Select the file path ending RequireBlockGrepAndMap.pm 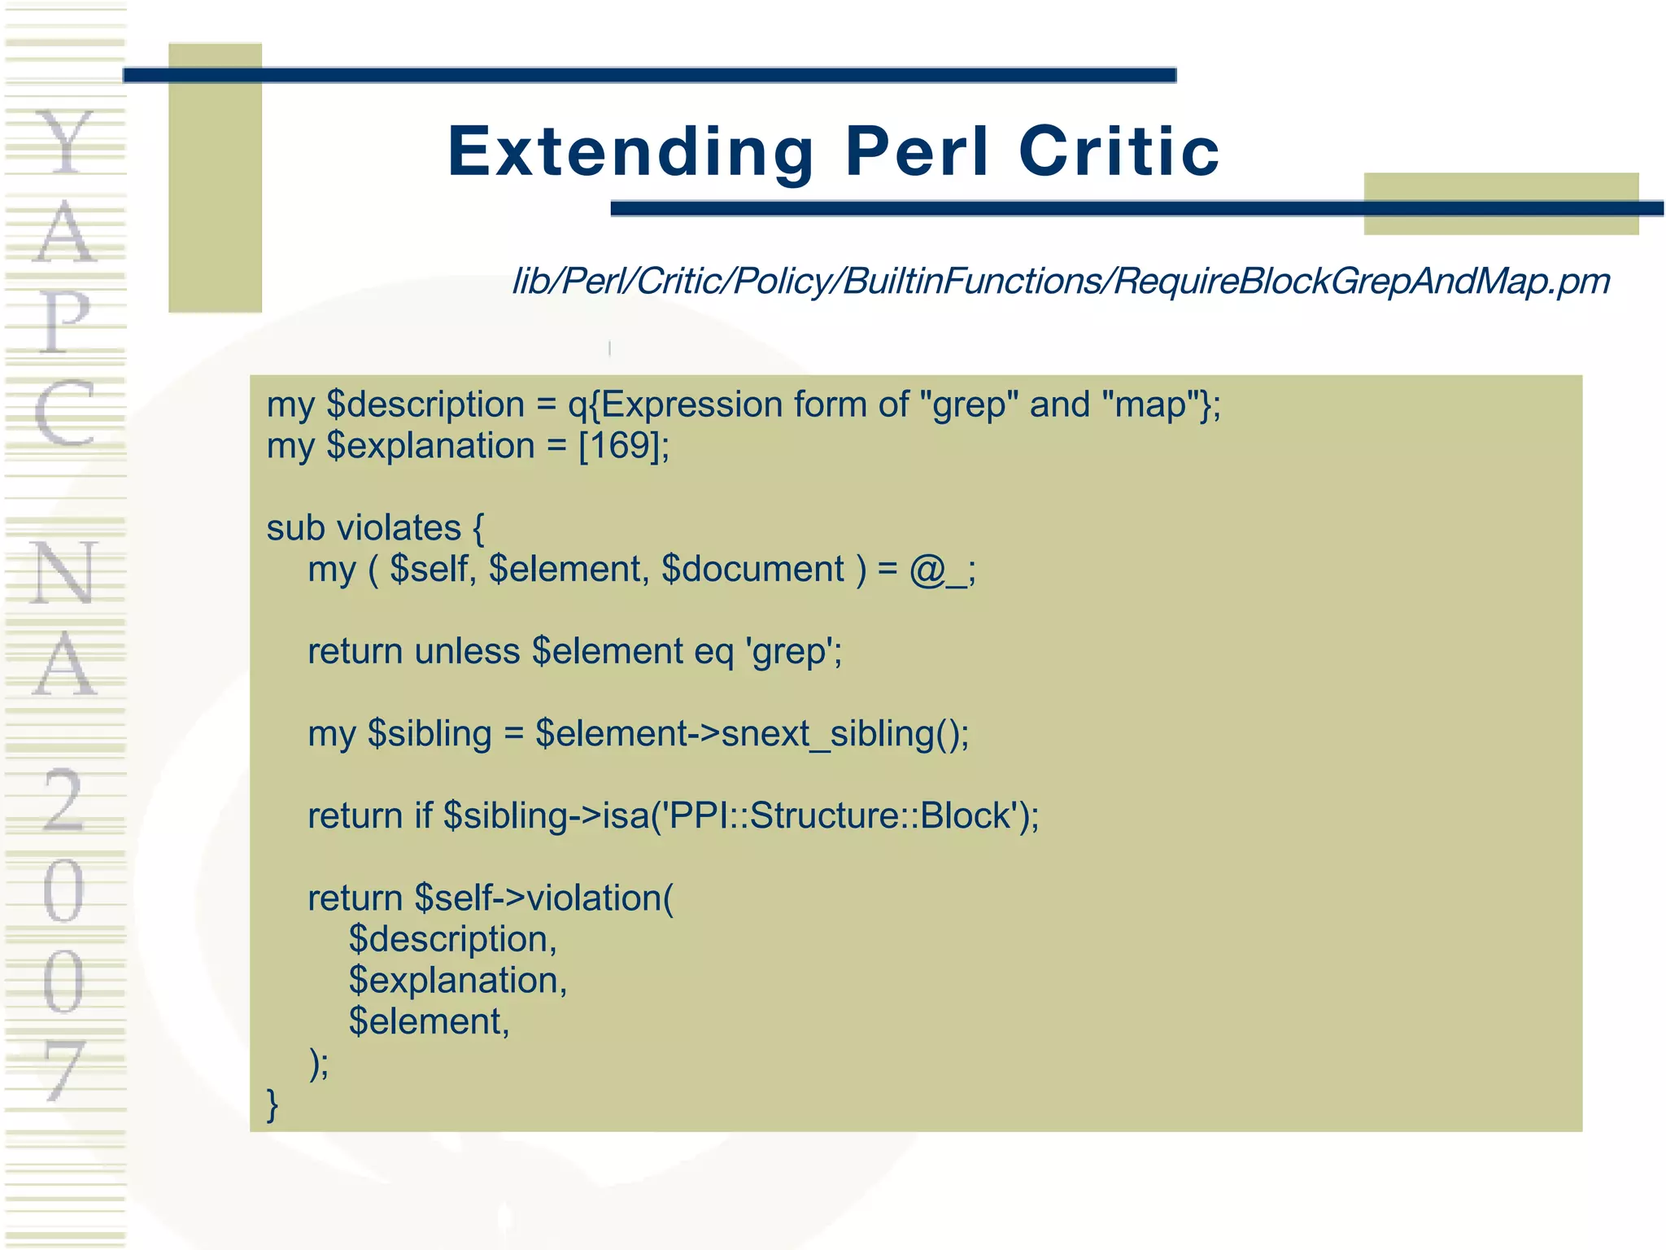[1061, 282]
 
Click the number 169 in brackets [624, 446]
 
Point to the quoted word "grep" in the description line [967, 404]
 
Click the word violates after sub [399, 528]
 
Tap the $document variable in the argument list [753, 569]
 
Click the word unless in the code [467, 651]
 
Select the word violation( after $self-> [600, 898]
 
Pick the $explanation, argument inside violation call [457, 981]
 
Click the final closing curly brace [273, 1104]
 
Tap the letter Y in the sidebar [65, 142]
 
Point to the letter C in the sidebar [65, 413]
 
